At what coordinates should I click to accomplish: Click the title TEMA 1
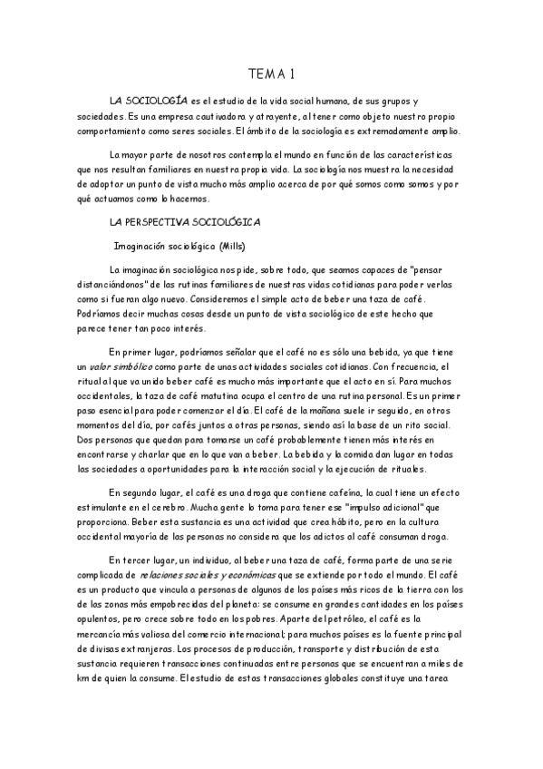pyautogui.click(x=271, y=73)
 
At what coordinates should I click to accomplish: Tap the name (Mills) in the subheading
pyautogui.click(x=227, y=246)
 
